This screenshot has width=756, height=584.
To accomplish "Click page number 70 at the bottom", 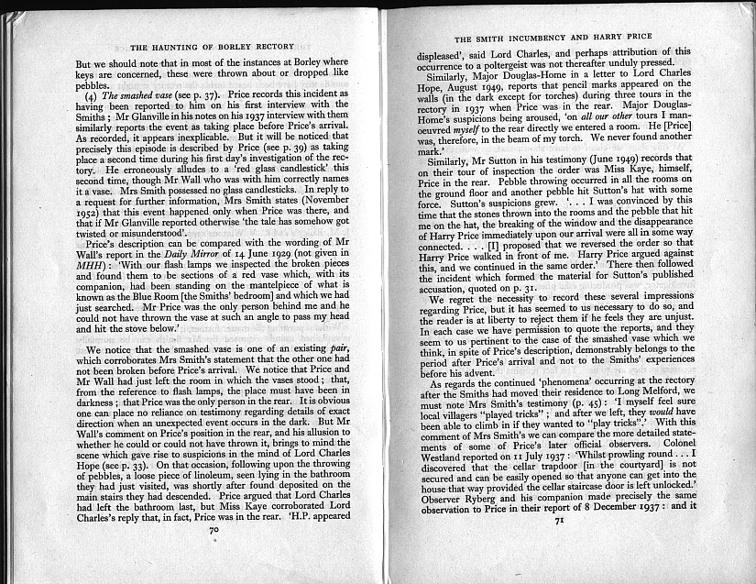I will click(215, 555).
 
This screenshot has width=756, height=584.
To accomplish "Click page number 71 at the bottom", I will click(557, 545).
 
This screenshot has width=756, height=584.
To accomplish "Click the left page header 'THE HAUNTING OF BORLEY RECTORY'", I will click(213, 46).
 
